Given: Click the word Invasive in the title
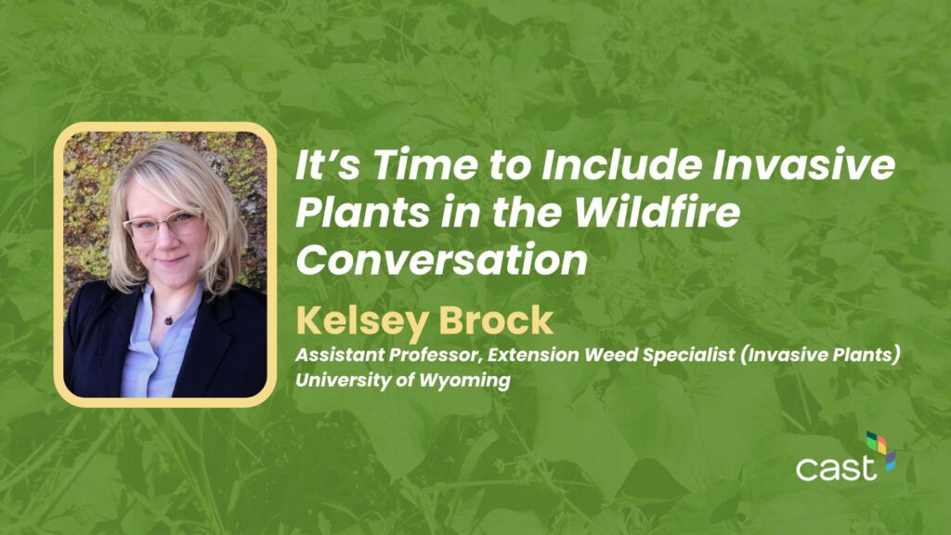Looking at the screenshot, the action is coord(803,164).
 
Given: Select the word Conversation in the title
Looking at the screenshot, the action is coord(442,260).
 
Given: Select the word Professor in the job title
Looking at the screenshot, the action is coord(434,354).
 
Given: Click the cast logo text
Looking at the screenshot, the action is coord(836,468).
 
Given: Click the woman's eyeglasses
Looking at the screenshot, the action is coord(162,224).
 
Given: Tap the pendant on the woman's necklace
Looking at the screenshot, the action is coord(168,320).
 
